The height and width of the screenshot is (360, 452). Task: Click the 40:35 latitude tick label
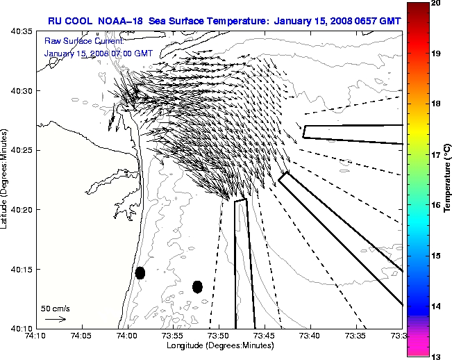tap(19, 32)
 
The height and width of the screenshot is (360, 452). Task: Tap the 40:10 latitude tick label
tap(19, 328)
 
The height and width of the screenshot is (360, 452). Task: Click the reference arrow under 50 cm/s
tap(56, 319)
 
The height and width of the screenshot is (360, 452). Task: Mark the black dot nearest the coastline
tap(140, 272)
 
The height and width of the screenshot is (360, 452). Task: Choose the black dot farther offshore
tap(197, 286)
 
